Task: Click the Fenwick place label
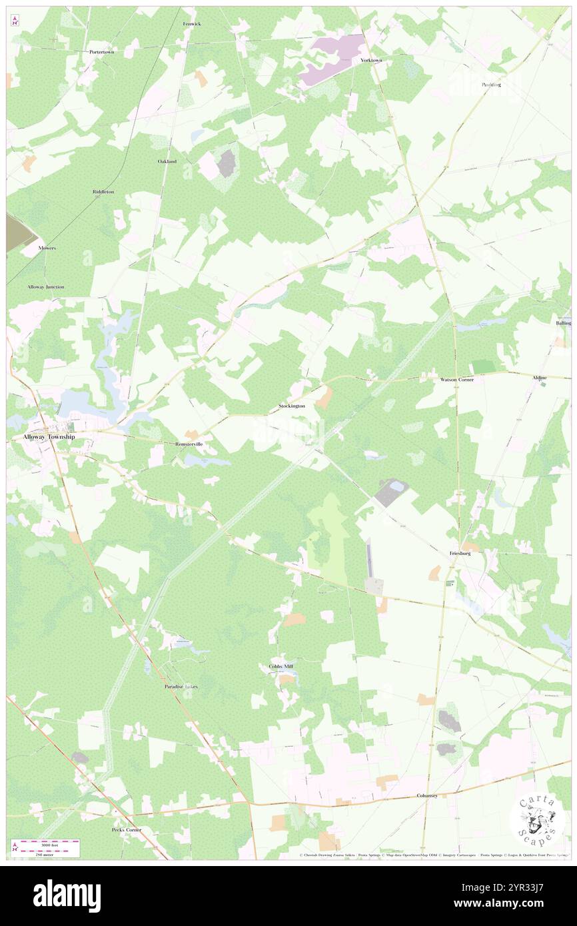coord(192,23)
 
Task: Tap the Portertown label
coord(103,51)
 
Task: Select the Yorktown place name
coord(371,60)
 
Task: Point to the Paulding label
coord(491,85)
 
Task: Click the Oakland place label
coord(167,161)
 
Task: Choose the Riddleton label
coord(103,192)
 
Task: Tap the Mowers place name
coord(47,248)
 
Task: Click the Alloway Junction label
coord(46,286)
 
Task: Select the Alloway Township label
coord(49,436)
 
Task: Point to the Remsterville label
coord(189,443)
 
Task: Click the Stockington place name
coord(292,406)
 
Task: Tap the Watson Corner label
coord(456,379)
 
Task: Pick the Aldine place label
coord(539,378)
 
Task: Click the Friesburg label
coord(460,553)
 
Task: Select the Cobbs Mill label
coord(281,666)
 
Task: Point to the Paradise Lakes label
coord(181,686)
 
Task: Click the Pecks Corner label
coord(127,829)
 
